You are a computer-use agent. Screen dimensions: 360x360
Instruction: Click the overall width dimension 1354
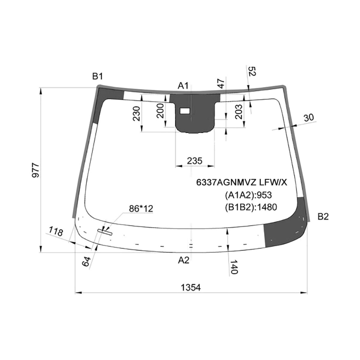pos(190,287)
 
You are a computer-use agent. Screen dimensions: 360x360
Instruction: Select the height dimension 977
pos(35,170)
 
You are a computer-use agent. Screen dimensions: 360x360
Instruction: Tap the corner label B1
pos(97,76)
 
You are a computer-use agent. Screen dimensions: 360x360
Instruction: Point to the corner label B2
pos(323,217)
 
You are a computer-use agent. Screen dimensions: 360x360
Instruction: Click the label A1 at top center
pos(183,86)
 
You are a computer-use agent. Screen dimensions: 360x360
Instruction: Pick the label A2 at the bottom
pos(184,260)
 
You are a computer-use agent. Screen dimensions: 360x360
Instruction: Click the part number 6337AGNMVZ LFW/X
pos(241,182)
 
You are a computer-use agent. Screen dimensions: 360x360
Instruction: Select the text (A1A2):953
pos(248,195)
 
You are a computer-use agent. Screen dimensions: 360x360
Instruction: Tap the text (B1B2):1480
pos(251,207)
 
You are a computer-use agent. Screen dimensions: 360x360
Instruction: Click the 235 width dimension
pos(195,161)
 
